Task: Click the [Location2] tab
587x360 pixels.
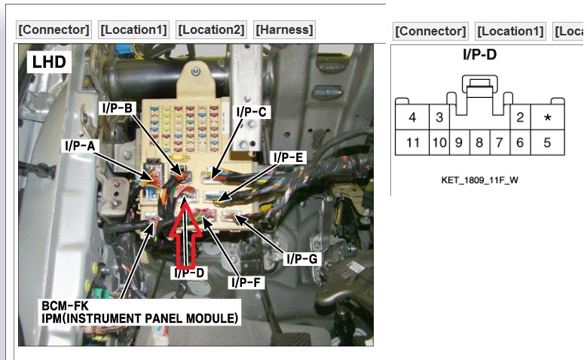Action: pyautogui.click(x=211, y=30)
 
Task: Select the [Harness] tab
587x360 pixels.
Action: pyautogui.click(x=284, y=30)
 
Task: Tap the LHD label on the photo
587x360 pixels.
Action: pyautogui.click(x=49, y=63)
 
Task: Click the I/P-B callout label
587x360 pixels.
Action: pyautogui.click(x=117, y=108)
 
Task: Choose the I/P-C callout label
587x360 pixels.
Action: pyautogui.click(x=252, y=111)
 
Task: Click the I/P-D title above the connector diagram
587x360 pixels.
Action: pyautogui.click(x=479, y=54)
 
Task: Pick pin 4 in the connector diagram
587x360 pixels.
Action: pyautogui.click(x=412, y=117)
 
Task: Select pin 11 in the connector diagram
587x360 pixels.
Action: pyautogui.click(x=412, y=142)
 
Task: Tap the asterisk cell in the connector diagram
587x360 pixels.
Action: pyautogui.click(x=547, y=117)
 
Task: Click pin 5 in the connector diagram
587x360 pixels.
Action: pyautogui.click(x=547, y=142)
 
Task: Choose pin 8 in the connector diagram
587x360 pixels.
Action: pyautogui.click(x=478, y=142)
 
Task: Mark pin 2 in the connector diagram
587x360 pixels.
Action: pyautogui.click(x=520, y=117)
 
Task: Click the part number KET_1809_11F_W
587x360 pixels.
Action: pyautogui.click(x=480, y=181)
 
